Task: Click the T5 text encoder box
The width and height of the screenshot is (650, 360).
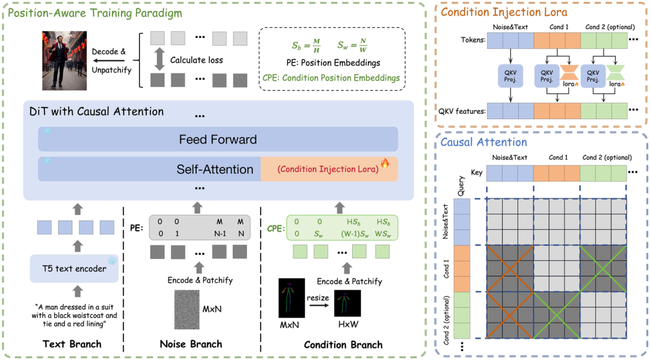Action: [74, 268]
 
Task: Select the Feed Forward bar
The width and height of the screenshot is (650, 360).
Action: [218, 139]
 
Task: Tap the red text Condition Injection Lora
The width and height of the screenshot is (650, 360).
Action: [328, 169]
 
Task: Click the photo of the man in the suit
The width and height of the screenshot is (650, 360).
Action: [64, 61]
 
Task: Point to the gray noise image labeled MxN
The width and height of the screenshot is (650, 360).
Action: [187, 309]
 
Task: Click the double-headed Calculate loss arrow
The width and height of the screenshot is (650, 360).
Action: [159, 60]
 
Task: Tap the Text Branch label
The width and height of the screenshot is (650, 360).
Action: [72, 344]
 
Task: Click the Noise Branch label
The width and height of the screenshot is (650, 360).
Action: [191, 344]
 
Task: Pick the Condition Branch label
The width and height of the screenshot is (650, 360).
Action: [343, 345]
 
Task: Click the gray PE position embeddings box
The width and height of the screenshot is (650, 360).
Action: [199, 228]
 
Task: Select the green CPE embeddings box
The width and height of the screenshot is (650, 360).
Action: [342, 228]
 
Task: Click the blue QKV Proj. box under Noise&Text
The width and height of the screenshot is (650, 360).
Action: [510, 76]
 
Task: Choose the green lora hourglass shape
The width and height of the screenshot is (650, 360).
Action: [615, 73]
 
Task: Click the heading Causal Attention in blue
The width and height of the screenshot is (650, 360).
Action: [483, 142]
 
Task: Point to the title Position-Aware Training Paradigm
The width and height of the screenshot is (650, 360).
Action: [95, 13]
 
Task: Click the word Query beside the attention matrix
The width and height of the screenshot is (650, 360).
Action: [461, 186]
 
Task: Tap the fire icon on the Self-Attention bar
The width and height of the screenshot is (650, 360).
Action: [385, 163]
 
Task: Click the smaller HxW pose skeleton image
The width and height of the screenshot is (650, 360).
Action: [347, 303]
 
